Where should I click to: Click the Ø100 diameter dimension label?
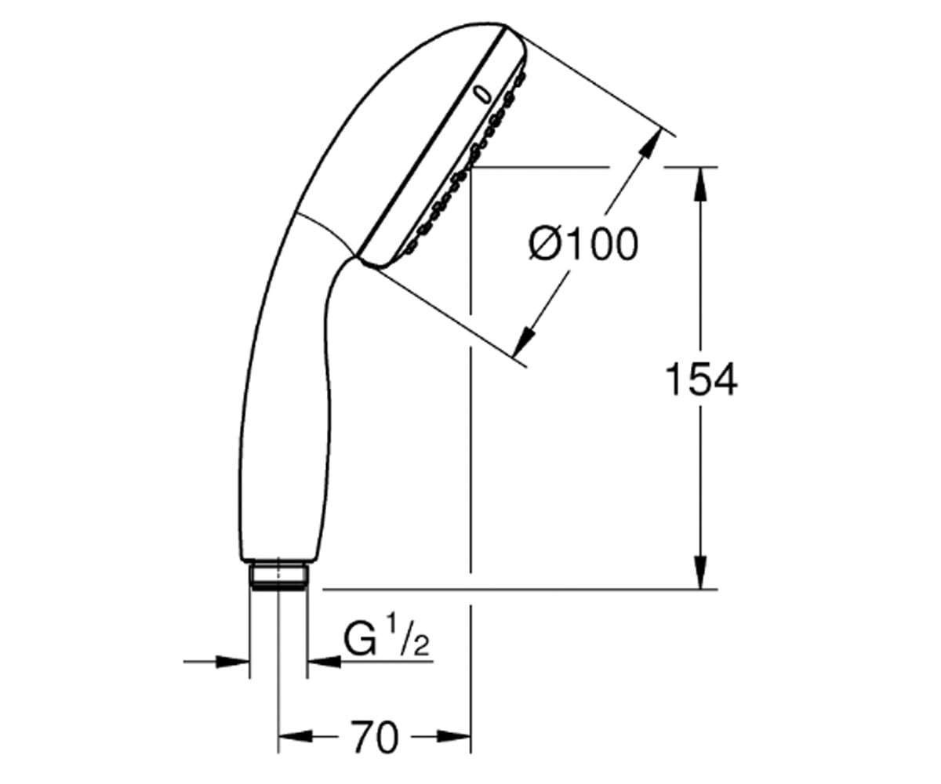[x=583, y=244]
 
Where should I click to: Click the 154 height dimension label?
[x=701, y=379]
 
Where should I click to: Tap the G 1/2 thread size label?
[x=386, y=639]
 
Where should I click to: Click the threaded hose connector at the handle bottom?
[x=278, y=575]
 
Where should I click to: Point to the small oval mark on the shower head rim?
[x=483, y=95]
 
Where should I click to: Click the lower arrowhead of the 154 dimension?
[x=700, y=572]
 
